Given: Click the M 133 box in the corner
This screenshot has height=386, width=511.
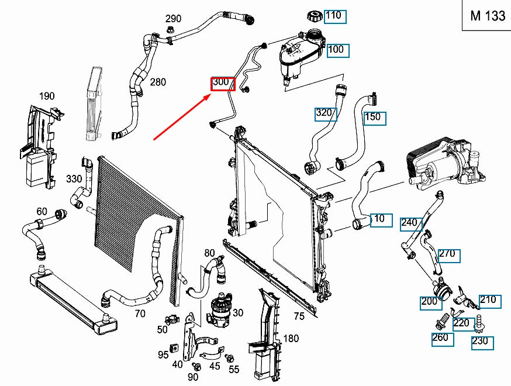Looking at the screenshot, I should (488, 16).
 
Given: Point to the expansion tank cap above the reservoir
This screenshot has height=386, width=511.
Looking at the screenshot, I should (312, 17).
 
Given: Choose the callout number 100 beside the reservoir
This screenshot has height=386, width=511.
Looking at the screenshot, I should (337, 50).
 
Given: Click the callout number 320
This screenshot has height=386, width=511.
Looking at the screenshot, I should (325, 113).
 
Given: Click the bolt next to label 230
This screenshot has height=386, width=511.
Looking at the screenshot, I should (480, 321).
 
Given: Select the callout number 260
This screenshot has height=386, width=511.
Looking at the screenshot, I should (441, 338).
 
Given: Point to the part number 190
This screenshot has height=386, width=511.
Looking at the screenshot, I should (47, 96).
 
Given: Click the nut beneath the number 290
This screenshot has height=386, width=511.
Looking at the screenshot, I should (170, 31).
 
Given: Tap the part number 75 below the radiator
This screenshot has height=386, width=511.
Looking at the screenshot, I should (299, 316).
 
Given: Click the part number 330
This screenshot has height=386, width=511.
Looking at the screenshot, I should (74, 179).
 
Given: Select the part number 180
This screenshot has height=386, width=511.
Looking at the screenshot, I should (291, 339).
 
